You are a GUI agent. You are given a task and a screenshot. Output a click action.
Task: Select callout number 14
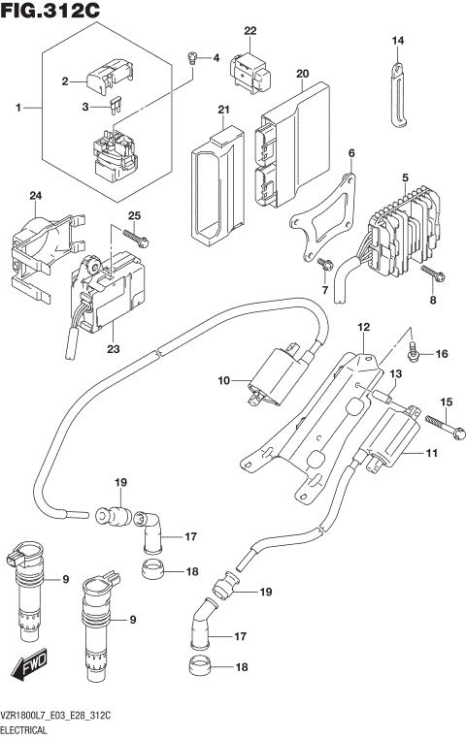pos(397,40)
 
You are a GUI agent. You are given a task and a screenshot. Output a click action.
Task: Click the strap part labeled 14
pos(399,95)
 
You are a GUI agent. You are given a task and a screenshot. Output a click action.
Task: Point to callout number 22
pos(250,31)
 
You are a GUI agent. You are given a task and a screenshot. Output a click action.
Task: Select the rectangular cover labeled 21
pos(214,184)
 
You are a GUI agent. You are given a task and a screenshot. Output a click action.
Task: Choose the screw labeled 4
pos(193,57)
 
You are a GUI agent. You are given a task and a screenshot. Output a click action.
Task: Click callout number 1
pos(17,107)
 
